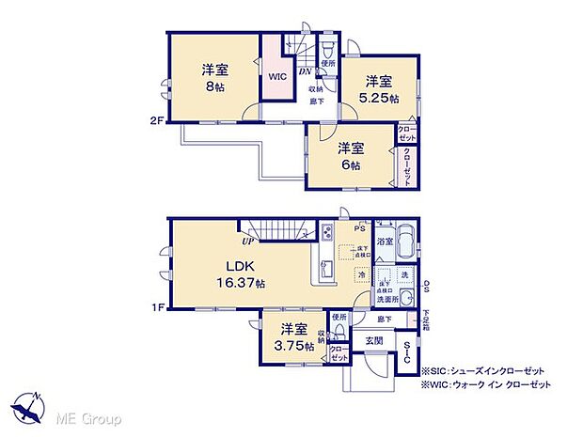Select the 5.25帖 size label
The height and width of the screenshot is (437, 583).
(x=383, y=98)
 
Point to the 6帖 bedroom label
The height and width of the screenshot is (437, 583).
(x=352, y=165)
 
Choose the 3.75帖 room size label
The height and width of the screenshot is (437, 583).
(x=293, y=346)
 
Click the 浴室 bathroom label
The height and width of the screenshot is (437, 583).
(x=385, y=241)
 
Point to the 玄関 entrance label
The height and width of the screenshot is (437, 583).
(x=373, y=340)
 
